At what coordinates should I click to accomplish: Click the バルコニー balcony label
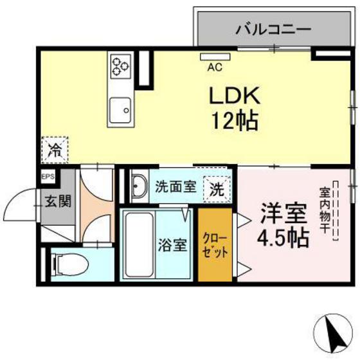273,29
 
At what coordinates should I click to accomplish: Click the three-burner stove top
120,67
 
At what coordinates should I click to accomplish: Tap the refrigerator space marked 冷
54,152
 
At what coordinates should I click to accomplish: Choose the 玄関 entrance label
57,201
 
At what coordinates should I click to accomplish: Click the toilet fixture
67,263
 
